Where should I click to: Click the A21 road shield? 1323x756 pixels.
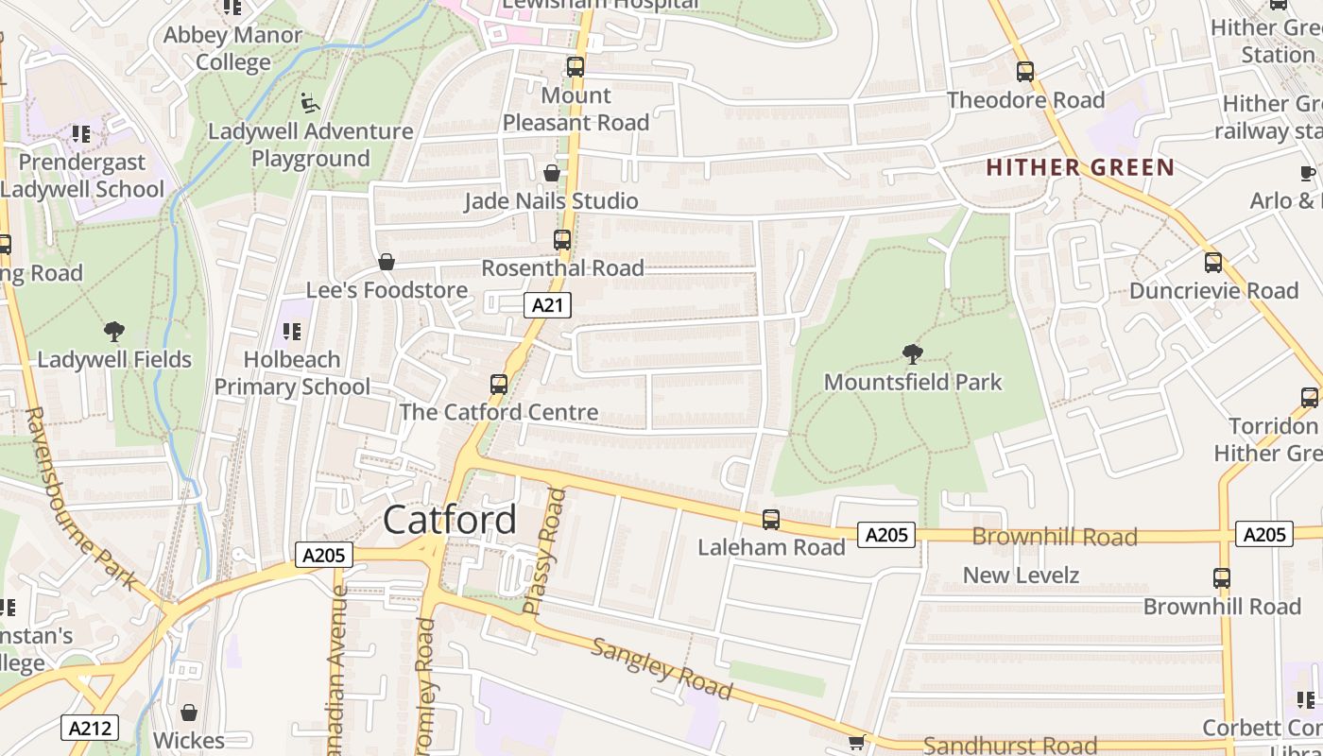547,305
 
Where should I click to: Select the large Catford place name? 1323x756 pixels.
451,520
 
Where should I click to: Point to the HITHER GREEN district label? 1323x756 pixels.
1079,168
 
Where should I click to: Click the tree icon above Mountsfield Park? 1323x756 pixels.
912,354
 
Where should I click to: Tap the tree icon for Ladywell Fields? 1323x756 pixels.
114,332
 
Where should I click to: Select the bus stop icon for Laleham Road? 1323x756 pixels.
771,519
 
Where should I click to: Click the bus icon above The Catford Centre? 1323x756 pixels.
499,385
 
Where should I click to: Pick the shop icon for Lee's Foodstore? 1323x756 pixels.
386,262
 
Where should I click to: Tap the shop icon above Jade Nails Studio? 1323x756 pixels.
552,173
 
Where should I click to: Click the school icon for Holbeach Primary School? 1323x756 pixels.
292,332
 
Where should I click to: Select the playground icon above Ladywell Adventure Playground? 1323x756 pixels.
310,102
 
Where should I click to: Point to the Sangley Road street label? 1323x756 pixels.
661,668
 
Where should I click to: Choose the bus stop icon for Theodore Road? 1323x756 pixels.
1025,72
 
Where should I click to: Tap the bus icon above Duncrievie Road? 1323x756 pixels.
1213,263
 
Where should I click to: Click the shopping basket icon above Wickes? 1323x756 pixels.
189,713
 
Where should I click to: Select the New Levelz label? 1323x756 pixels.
1021,575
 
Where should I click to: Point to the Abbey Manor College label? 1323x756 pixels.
232,49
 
